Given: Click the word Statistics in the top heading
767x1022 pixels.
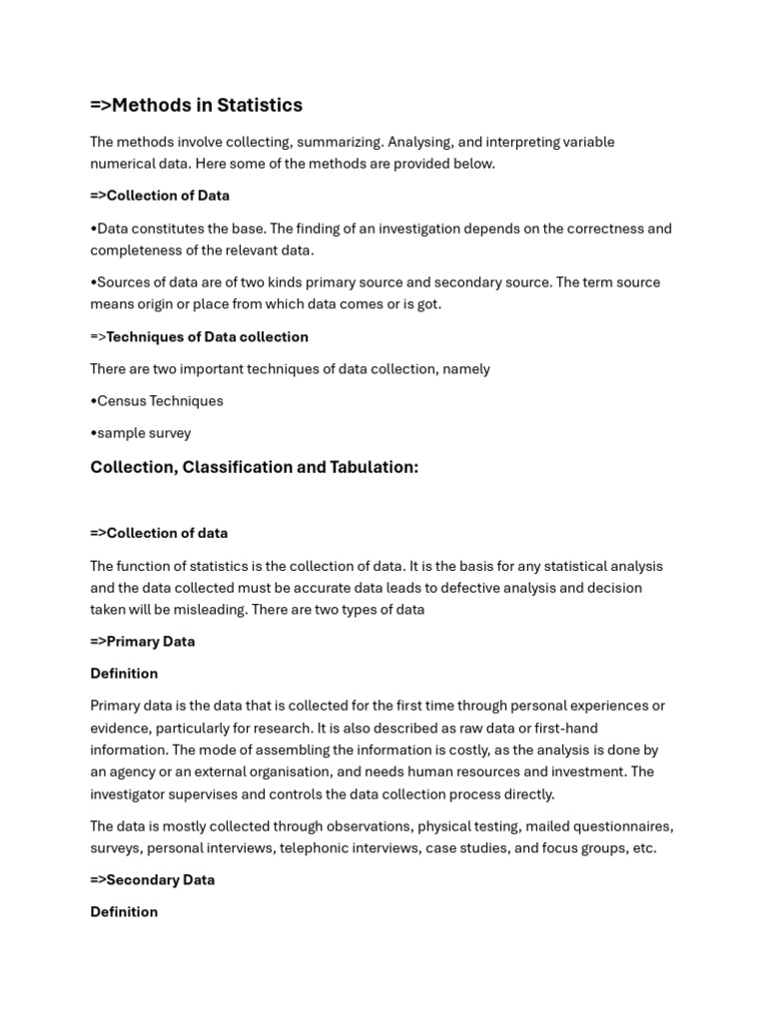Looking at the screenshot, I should (258, 106).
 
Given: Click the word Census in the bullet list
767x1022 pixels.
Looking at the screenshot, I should (121, 401).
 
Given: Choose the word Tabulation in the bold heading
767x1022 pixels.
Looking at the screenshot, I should (372, 467).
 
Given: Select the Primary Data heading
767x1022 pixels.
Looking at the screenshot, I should (150, 642).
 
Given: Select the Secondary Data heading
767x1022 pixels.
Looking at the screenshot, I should (160, 880).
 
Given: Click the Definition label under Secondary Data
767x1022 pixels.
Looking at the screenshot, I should (124, 912).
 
